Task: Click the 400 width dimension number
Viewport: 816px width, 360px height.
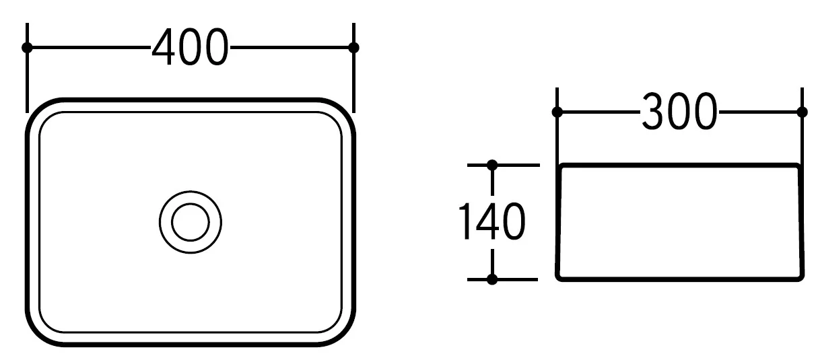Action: click(x=190, y=47)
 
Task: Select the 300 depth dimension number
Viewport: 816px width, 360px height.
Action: click(x=679, y=112)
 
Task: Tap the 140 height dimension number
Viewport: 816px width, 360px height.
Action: click(x=491, y=221)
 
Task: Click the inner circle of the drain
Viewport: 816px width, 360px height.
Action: click(x=191, y=222)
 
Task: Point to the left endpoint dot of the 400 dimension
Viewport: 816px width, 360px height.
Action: click(x=27, y=48)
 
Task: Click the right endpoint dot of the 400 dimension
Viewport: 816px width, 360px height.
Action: click(x=353, y=48)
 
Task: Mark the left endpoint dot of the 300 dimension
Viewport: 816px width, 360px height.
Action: click(x=557, y=112)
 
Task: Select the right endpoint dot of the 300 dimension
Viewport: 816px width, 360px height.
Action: click(x=802, y=112)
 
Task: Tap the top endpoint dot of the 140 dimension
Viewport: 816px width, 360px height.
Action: click(x=492, y=165)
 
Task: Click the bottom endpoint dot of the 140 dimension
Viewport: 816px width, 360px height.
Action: click(x=492, y=279)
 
